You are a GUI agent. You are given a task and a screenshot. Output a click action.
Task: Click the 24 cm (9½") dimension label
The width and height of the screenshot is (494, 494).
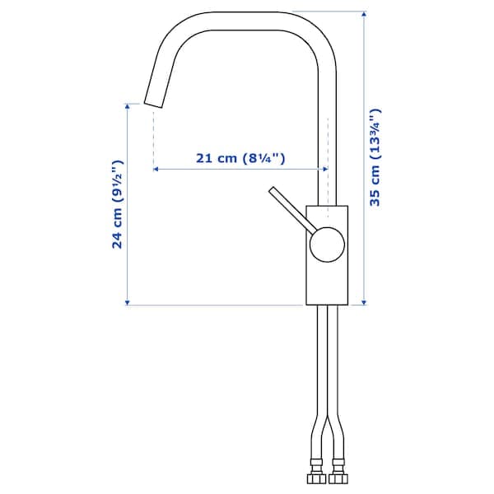pos(117,204)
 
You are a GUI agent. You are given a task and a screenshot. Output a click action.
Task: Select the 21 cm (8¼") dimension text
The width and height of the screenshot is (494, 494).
pos(240,159)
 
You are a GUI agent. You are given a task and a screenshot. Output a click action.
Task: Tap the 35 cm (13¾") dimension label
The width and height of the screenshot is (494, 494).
pos(375,156)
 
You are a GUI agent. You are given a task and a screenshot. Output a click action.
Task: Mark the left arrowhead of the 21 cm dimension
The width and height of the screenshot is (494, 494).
pos(156,170)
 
